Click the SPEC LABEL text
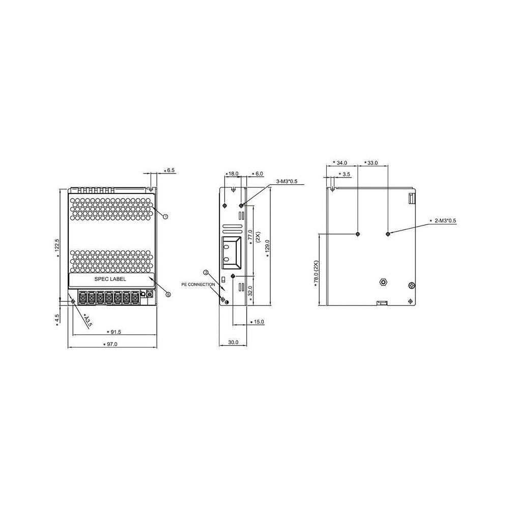(110, 279)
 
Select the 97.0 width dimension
(112, 345)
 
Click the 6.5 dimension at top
(171, 171)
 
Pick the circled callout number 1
(165, 216)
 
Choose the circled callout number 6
(168, 294)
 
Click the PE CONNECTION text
(198, 285)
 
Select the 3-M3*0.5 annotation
(288, 181)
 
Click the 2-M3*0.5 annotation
(444, 221)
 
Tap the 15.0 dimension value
(258, 322)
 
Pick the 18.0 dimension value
(233, 174)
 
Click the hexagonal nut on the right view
(383, 281)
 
